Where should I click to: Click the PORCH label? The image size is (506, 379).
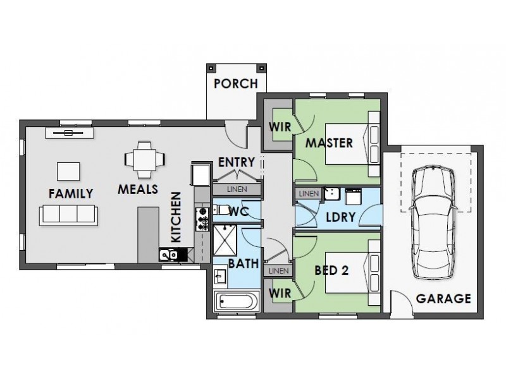[236, 84]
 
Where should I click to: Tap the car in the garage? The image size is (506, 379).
[433, 222]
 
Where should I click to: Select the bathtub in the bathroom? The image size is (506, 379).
[237, 302]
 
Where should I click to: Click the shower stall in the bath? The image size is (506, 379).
[225, 241]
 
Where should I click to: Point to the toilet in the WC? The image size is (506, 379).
[221, 210]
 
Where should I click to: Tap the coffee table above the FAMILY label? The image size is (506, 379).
[68, 171]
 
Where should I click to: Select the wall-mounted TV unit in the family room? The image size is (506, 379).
[70, 133]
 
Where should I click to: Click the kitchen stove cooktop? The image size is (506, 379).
[202, 219]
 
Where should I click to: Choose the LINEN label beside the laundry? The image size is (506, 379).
[309, 194]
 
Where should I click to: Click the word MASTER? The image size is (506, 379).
[329, 143]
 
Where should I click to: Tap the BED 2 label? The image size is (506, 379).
[331, 270]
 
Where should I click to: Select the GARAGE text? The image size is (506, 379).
[443, 299]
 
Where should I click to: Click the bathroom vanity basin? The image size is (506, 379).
[220, 276]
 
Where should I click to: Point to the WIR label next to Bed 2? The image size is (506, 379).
[280, 293]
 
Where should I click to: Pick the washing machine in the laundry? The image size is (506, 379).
[354, 196]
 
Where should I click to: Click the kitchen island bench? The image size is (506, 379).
[149, 235]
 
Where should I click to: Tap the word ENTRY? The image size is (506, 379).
[237, 162]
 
